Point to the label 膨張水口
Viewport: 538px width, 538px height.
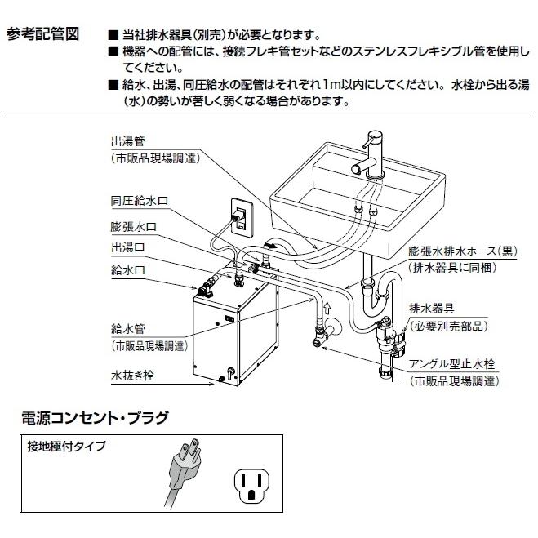pos(128,225)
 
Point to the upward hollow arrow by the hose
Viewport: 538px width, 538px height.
pos(327,309)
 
